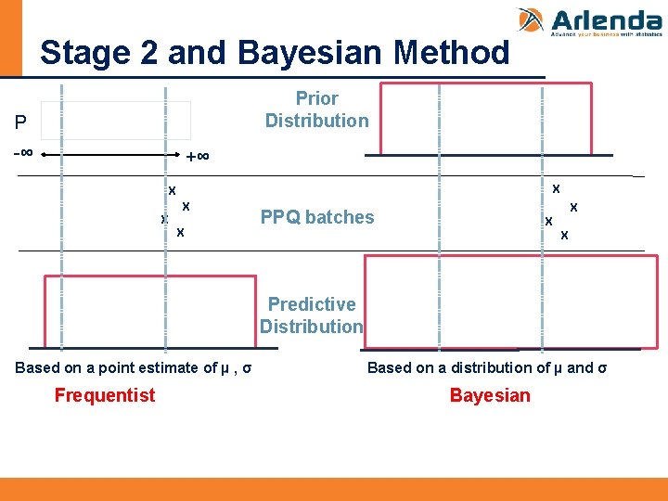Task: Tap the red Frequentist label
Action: [105, 396]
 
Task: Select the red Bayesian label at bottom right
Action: [490, 396]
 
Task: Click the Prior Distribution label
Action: [316, 109]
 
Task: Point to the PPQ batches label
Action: [317, 217]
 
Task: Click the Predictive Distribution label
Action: [312, 315]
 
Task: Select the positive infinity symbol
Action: [198, 157]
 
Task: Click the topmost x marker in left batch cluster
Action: [172, 190]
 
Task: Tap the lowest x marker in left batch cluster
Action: [180, 232]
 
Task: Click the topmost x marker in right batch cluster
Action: [556, 188]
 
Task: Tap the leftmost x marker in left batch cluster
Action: [164, 220]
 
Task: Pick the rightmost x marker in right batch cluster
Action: [574, 207]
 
